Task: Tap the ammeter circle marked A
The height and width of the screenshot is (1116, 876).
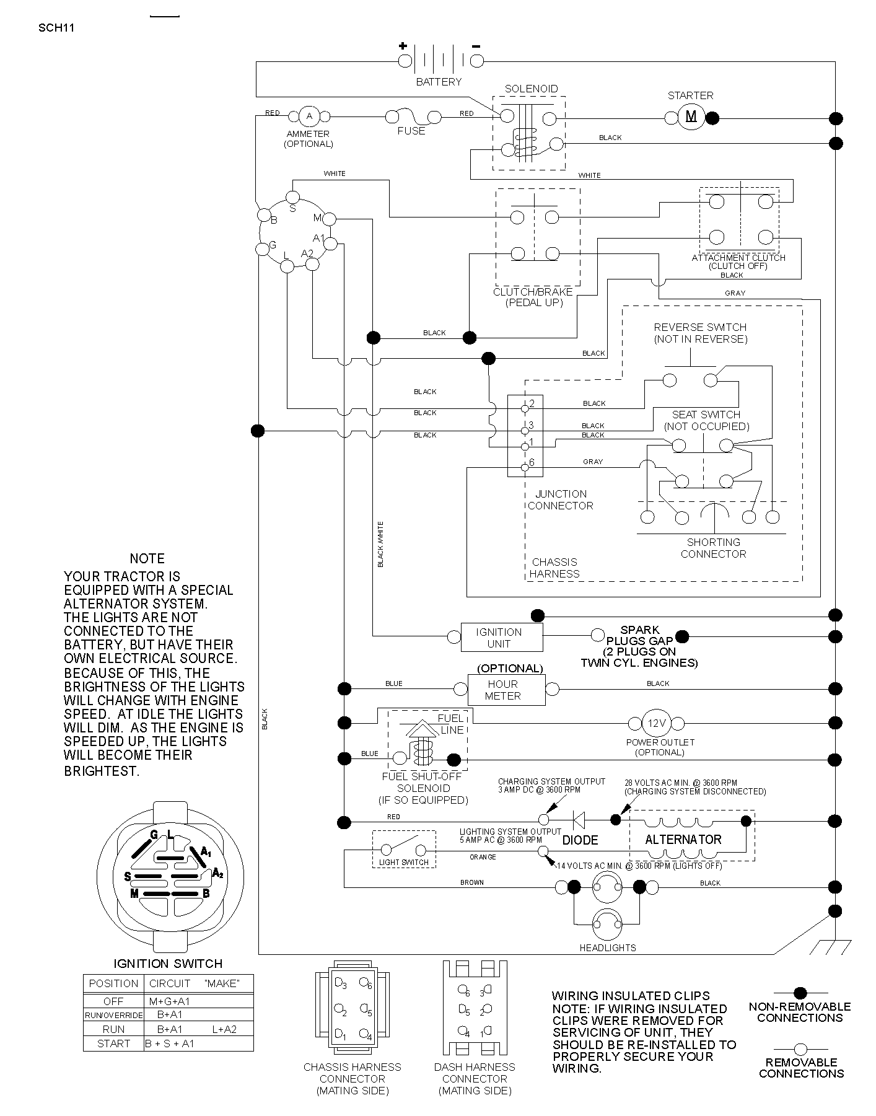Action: point(310,116)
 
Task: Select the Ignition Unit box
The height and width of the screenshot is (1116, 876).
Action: point(502,637)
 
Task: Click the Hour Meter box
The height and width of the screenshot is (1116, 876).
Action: point(507,690)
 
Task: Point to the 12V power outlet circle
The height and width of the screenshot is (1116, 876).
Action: point(656,723)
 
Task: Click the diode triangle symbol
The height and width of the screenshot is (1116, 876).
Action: point(579,820)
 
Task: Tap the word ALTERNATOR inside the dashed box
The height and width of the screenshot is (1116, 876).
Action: point(683,840)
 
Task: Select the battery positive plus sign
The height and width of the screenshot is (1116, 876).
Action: point(403,45)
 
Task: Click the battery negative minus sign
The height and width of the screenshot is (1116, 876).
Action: point(476,45)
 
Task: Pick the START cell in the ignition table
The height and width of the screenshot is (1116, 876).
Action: point(114,1044)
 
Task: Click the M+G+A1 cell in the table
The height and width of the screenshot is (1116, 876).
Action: point(169,1001)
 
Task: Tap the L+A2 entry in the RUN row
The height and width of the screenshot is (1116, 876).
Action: point(224,1029)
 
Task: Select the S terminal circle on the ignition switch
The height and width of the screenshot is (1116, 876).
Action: point(292,198)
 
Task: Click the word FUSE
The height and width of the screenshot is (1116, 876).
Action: point(411,131)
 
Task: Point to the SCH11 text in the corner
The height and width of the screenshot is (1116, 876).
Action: point(56,27)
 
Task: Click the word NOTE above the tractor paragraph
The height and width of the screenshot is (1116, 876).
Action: point(147,558)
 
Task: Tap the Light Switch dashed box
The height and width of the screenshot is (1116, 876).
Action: point(404,849)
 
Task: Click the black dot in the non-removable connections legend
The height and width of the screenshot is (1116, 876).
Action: point(800,993)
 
